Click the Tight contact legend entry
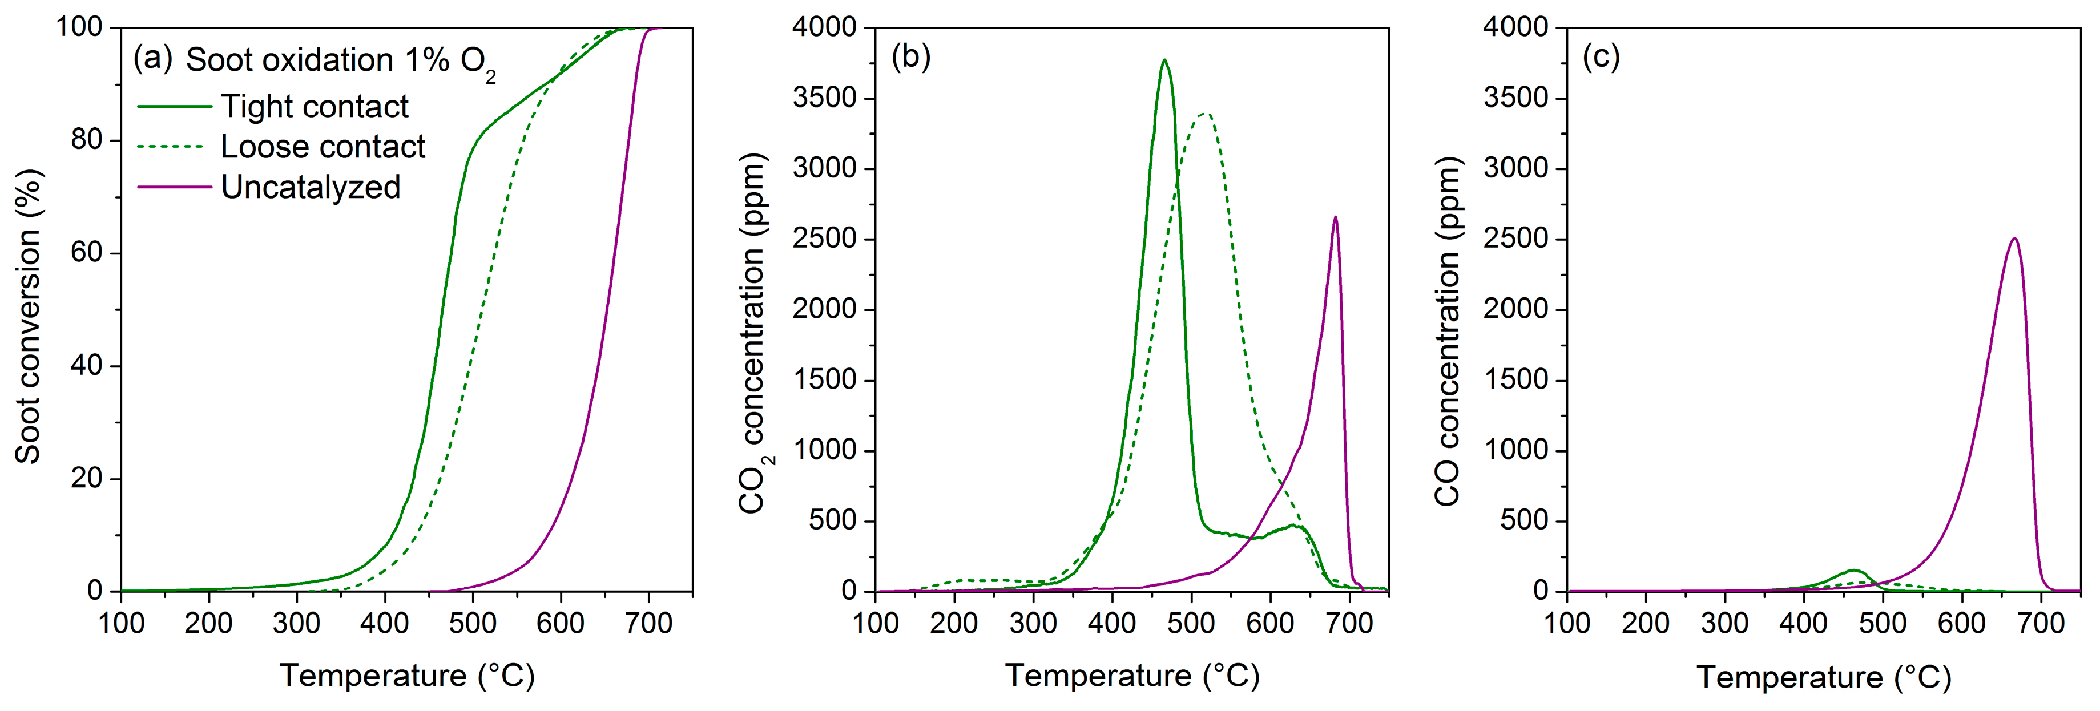315,107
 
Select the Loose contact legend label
323,147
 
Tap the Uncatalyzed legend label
311,188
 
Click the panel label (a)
152,59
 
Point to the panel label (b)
910,57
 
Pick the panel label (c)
1601,57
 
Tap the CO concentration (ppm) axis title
1448,333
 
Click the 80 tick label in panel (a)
86,140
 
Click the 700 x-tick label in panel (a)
648,624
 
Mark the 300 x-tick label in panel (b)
1033,624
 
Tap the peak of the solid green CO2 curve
1164,60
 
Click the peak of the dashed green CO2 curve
1206,114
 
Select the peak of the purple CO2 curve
1335,217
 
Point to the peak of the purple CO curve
2014,239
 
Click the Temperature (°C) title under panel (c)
1824,677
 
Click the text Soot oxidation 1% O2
341,61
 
